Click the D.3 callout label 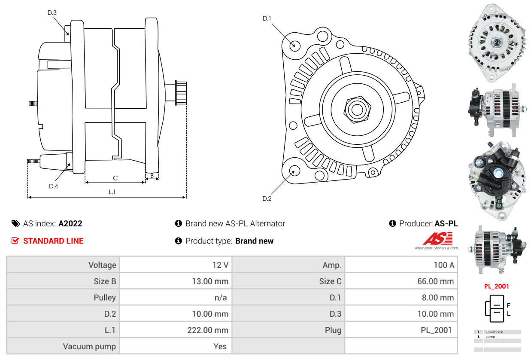52,12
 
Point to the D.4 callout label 53,186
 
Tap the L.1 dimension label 112,192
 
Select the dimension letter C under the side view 115,178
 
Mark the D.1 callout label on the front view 267,18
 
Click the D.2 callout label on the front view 267,198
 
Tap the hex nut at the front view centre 356,109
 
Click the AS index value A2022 70,223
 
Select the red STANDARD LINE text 53,241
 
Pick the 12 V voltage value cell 220,265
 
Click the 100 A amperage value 443,265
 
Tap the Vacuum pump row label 89,346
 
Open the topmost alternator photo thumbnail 497,43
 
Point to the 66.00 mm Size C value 435,281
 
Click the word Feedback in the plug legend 494,332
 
